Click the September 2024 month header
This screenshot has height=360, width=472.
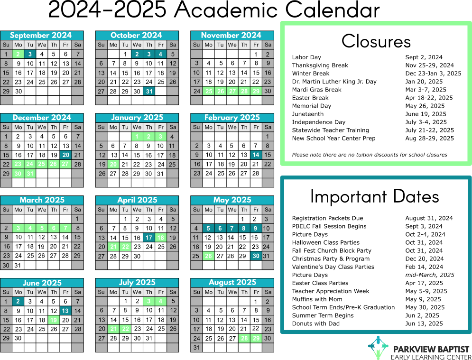click(x=41, y=35)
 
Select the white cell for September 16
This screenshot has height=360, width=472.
click(x=18, y=73)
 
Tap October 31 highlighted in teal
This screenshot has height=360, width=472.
click(x=149, y=91)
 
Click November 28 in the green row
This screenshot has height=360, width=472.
click(x=244, y=91)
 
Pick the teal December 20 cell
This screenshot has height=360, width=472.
click(x=65, y=155)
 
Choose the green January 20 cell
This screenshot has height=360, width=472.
click(x=113, y=164)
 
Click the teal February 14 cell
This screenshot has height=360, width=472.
click(x=256, y=155)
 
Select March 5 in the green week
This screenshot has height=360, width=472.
click(x=42, y=228)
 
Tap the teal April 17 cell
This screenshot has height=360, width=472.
click(x=149, y=238)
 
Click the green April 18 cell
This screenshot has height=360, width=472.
click(x=161, y=238)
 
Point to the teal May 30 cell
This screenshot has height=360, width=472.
click(x=256, y=256)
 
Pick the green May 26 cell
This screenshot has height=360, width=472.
click(x=208, y=256)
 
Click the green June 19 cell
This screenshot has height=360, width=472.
click(x=54, y=320)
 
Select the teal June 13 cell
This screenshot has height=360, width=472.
click(x=65, y=311)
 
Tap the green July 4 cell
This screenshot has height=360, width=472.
click(x=161, y=301)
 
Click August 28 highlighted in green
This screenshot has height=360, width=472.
click(x=244, y=338)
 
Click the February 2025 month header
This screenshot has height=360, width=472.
click(x=232, y=118)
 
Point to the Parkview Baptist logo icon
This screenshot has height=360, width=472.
click(x=378, y=348)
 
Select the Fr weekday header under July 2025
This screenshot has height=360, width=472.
click(x=161, y=292)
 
